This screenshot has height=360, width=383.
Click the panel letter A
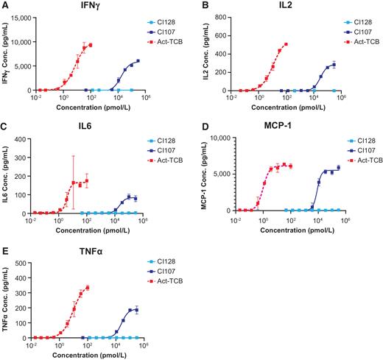pos(4,5)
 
